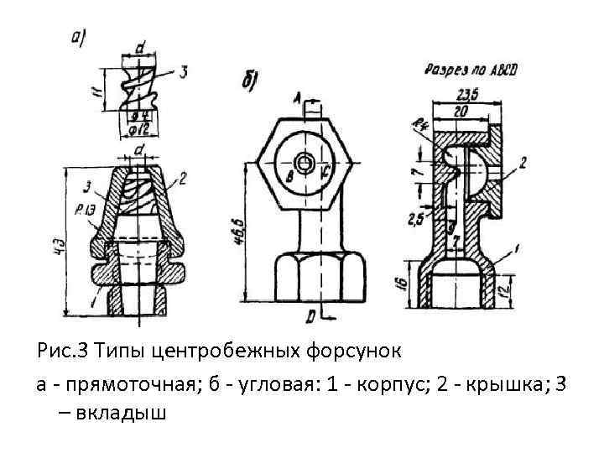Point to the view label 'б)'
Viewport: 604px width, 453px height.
(x=249, y=81)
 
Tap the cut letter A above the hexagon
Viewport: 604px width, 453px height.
(x=297, y=97)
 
